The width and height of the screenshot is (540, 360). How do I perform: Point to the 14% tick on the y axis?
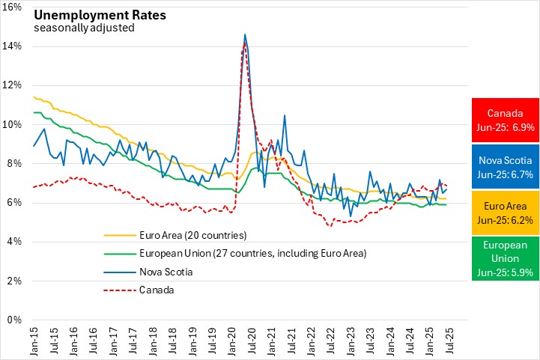(x=14, y=46)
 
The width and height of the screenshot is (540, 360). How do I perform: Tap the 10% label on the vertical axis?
(x=14, y=124)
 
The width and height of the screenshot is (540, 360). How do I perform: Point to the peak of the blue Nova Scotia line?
(x=245, y=34)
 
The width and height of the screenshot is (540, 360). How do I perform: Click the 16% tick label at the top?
(x=14, y=7)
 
